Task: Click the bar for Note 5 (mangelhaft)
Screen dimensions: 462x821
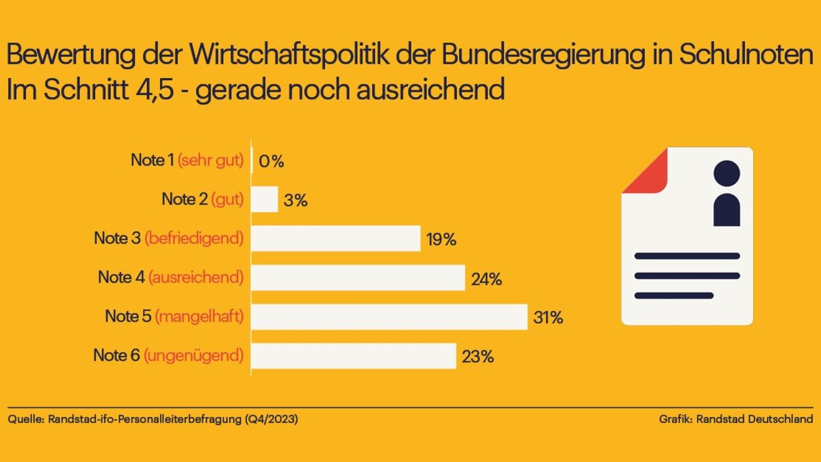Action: [x=389, y=317]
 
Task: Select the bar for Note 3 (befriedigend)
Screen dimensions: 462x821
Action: [x=335, y=238]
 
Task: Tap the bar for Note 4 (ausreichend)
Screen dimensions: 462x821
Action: [x=358, y=278]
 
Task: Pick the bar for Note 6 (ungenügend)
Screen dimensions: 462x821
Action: [x=353, y=356]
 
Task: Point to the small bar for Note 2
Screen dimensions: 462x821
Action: [x=265, y=199]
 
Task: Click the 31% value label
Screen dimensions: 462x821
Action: [x=548, y=318]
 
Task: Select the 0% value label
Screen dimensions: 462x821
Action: [x=272, y=162]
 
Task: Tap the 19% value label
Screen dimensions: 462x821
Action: [x=441, y=240]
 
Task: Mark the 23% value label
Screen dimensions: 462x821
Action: [x=478, y=357]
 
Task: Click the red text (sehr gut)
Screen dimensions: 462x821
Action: [x=211, y=161]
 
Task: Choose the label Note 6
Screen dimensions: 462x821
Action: [x=116, y=356]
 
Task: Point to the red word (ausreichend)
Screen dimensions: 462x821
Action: [x=196, y=278]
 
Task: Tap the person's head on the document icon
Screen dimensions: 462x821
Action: [x=727, y=173]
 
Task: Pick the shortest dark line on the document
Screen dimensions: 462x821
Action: [x=674, y=296]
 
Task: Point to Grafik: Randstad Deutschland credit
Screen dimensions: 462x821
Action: [x=736, y=419]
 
